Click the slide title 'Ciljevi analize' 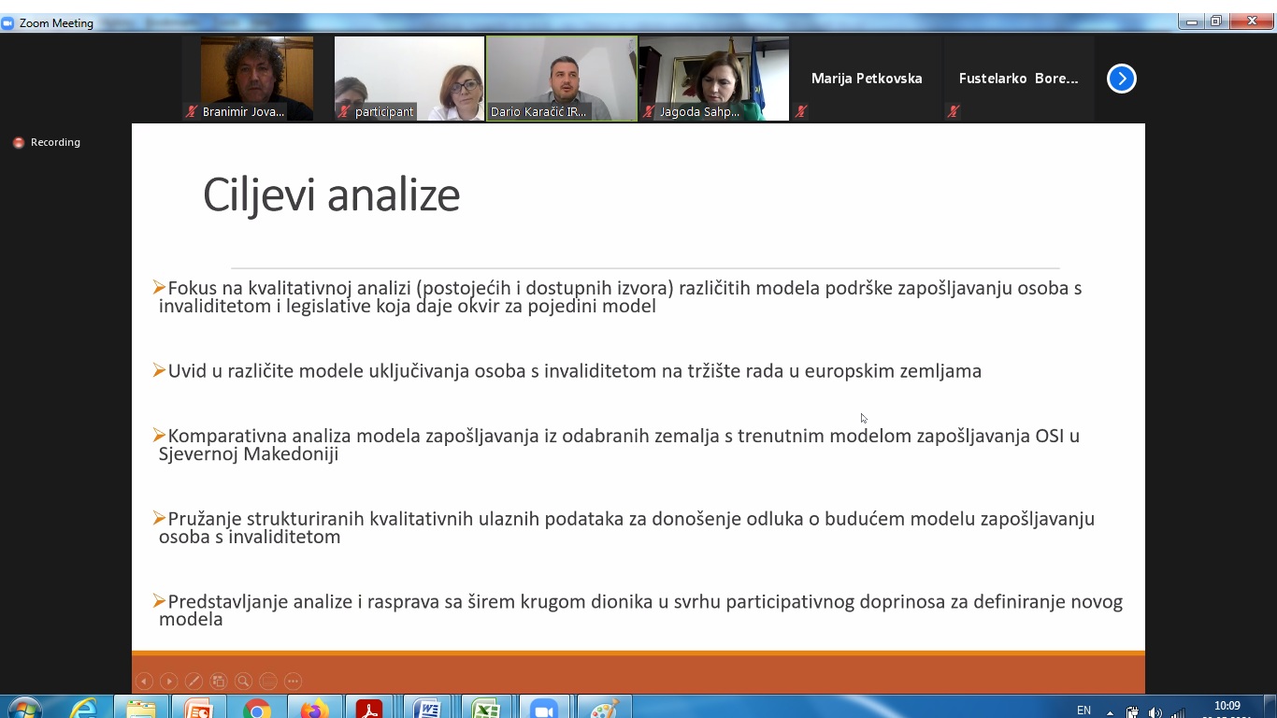pos(331,195)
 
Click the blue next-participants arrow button pos(1122,79)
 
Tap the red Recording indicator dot pos(19,143)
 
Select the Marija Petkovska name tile pos(867,79)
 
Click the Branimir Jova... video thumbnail pos(256,79)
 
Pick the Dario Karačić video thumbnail pos(562,79)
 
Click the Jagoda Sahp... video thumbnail pos(713,79)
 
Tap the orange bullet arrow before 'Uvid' pos(159,371)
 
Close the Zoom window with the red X pos(1252,22)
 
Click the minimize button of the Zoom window pos(1192,22)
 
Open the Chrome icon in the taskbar pos(257,709)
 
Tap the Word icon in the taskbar pos(427,709)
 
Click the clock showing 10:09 pos(1227,706)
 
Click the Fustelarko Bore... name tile pos(1018,79)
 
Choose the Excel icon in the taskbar pos(486,709)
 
